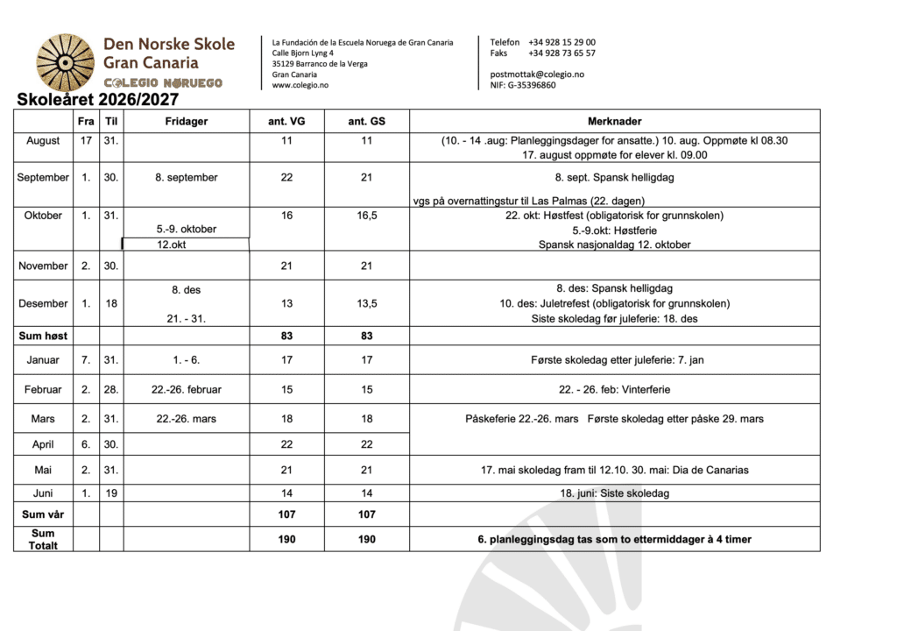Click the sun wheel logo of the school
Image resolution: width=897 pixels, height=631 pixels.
[64, 62]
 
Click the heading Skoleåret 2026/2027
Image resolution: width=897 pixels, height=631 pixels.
[97, 100]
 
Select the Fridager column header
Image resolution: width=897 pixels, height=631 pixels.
[187, 121]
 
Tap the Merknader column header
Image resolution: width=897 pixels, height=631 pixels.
[614, 121]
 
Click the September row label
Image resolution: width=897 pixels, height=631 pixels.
[43, 177]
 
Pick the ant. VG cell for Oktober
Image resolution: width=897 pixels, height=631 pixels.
[286, 216]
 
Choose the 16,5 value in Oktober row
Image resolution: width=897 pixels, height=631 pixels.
[366, 216]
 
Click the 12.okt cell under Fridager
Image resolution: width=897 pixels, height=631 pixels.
[186, 245]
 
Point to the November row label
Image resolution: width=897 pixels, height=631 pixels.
[43, 266]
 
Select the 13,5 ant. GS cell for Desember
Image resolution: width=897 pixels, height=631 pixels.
[366, 303]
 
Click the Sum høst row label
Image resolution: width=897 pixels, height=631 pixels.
[43, 336]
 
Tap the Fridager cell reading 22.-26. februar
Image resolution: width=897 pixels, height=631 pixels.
[187, 389]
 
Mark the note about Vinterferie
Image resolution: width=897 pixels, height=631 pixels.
[614, 389]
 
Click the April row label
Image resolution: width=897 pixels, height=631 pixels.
[43, 444]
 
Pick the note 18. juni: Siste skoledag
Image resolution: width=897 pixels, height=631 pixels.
[614, 493]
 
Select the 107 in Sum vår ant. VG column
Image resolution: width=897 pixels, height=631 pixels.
[286, 514]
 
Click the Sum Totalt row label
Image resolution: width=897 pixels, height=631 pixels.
[43, 539]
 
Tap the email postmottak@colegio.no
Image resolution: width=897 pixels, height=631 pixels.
[537, 74]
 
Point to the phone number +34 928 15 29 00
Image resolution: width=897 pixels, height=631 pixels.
[562, 42]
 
